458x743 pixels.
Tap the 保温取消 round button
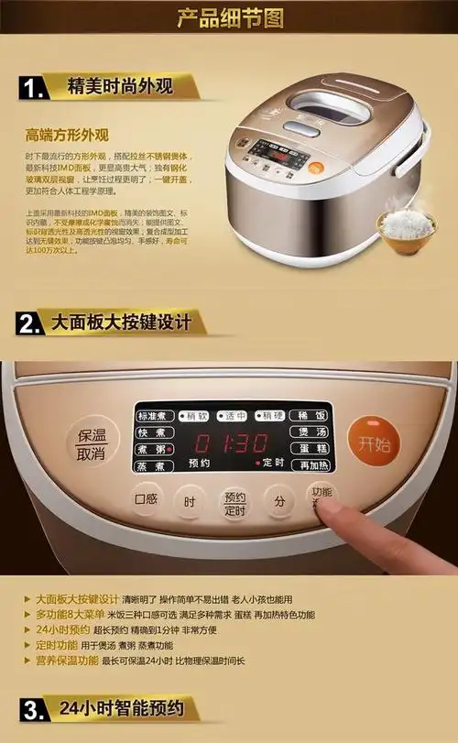(92, 444)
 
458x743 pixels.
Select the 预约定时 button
(234, 502)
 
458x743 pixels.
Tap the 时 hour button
(190, 502)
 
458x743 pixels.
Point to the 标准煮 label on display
(152, 415)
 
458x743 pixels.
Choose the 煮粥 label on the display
(152, 448)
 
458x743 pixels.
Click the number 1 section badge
(33, 89)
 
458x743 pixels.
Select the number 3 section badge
(33, 710)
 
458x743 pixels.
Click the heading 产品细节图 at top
(229, 17)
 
